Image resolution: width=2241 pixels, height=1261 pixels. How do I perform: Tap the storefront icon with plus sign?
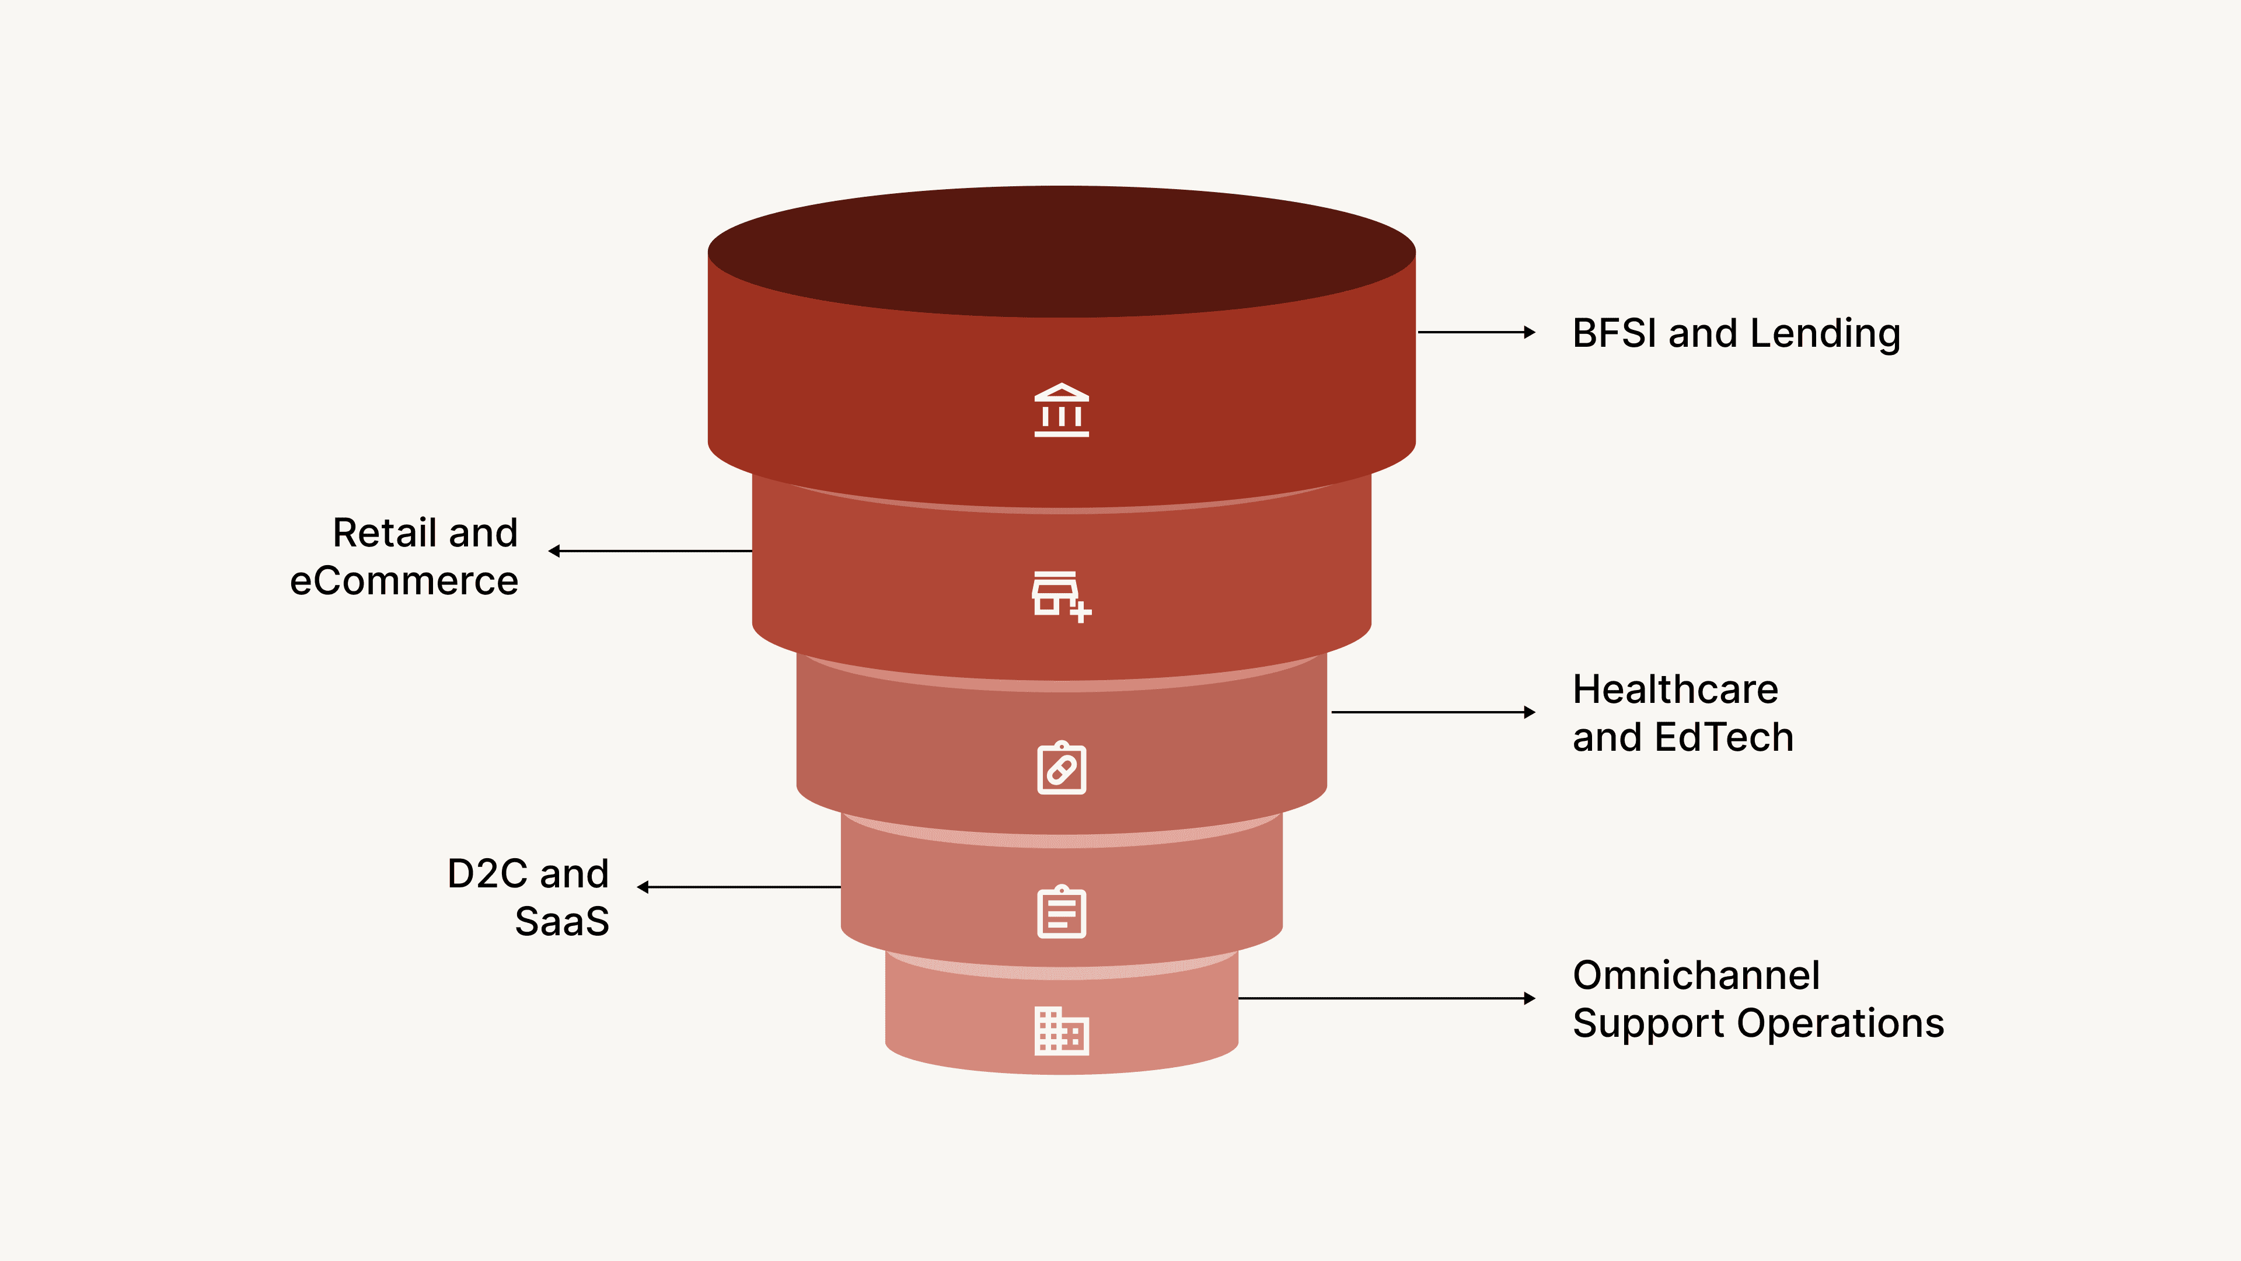tap(1060, 596)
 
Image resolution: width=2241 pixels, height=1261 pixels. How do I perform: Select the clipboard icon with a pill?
tap(1062, 768)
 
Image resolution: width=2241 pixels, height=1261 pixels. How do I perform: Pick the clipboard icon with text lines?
tap(1062, 912)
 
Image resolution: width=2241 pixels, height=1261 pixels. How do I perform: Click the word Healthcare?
tap(1675, 689)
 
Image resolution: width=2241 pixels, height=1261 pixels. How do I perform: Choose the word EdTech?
tap(1725, 738)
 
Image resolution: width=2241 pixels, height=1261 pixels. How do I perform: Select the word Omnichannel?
tap(1697, 976)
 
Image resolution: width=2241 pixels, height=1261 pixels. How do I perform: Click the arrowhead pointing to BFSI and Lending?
tap(1530, 332)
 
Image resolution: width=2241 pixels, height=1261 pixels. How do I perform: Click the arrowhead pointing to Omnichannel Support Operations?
tap(1530, 999)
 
